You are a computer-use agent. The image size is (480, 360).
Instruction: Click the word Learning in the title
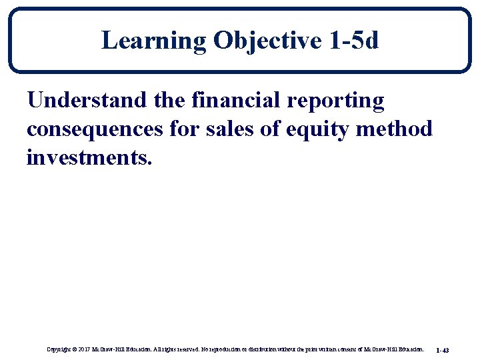point(154,41)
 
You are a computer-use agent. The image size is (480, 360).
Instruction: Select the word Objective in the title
point(268,41)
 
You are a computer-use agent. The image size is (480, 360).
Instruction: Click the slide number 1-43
point(442,349)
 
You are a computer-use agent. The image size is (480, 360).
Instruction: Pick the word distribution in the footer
point(266,349)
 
